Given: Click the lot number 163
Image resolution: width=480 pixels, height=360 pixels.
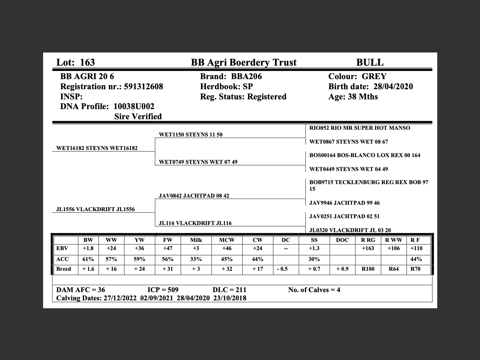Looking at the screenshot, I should coord(87,62).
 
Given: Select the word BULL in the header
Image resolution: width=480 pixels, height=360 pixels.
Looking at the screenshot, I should coord(370,62).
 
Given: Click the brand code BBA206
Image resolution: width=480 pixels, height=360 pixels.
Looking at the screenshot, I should coord(246,76).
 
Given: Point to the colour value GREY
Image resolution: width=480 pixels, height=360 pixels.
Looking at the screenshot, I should coord(374,76).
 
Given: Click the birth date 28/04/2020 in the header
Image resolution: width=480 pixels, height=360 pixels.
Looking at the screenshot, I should coord(393,87).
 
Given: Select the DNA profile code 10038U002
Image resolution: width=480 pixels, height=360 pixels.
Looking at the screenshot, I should coord(134,106).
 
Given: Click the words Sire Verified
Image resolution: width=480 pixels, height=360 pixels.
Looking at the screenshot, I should coord(138,117).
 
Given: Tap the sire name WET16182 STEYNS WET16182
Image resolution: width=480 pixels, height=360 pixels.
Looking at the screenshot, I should coord(97,148).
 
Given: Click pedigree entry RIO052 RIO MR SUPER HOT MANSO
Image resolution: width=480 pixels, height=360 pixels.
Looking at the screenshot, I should coord(360,128).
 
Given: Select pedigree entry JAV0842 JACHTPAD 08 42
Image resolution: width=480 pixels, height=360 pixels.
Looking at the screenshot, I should coord(194,196).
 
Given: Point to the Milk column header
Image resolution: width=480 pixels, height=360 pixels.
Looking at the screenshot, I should coord(196,240).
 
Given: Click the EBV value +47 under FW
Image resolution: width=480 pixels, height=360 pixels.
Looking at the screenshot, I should coord(168,248).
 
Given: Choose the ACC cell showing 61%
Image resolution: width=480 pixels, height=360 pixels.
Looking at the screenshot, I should coord(88,259).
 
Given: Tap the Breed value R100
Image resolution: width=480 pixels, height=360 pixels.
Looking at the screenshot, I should coord(368,269).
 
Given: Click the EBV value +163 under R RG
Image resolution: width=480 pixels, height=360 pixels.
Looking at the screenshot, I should coord(368,248).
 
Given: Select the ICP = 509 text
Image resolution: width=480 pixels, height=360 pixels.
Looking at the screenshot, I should coord(163,290).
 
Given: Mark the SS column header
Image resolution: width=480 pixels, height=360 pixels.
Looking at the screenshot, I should coord(314,240).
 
